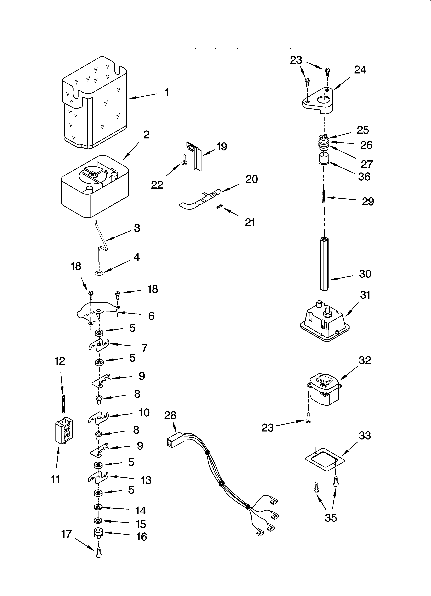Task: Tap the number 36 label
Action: (x=364, y=177)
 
